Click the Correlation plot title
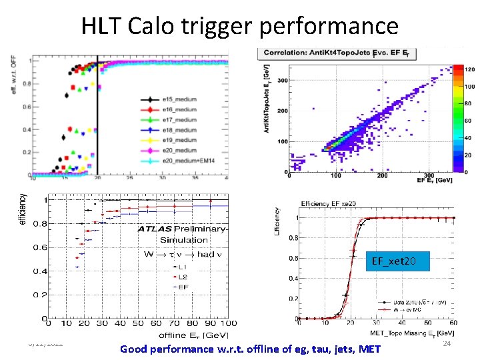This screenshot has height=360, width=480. pyautogui.click(x=341, y=53)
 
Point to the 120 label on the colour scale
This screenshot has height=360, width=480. pyautogui.click(x=469, y=69)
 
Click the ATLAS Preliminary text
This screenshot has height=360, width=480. pyautogui.click(x=182, y=229)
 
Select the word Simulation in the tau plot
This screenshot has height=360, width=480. pyautogui.click(x=183, y=239)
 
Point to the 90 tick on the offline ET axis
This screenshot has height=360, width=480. pyautogui.click(x=212, y=323)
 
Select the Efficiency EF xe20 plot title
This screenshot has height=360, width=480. pyautogui.click(x=333, y=203)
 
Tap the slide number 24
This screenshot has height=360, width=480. pyautogui.click(x=447, y=343)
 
